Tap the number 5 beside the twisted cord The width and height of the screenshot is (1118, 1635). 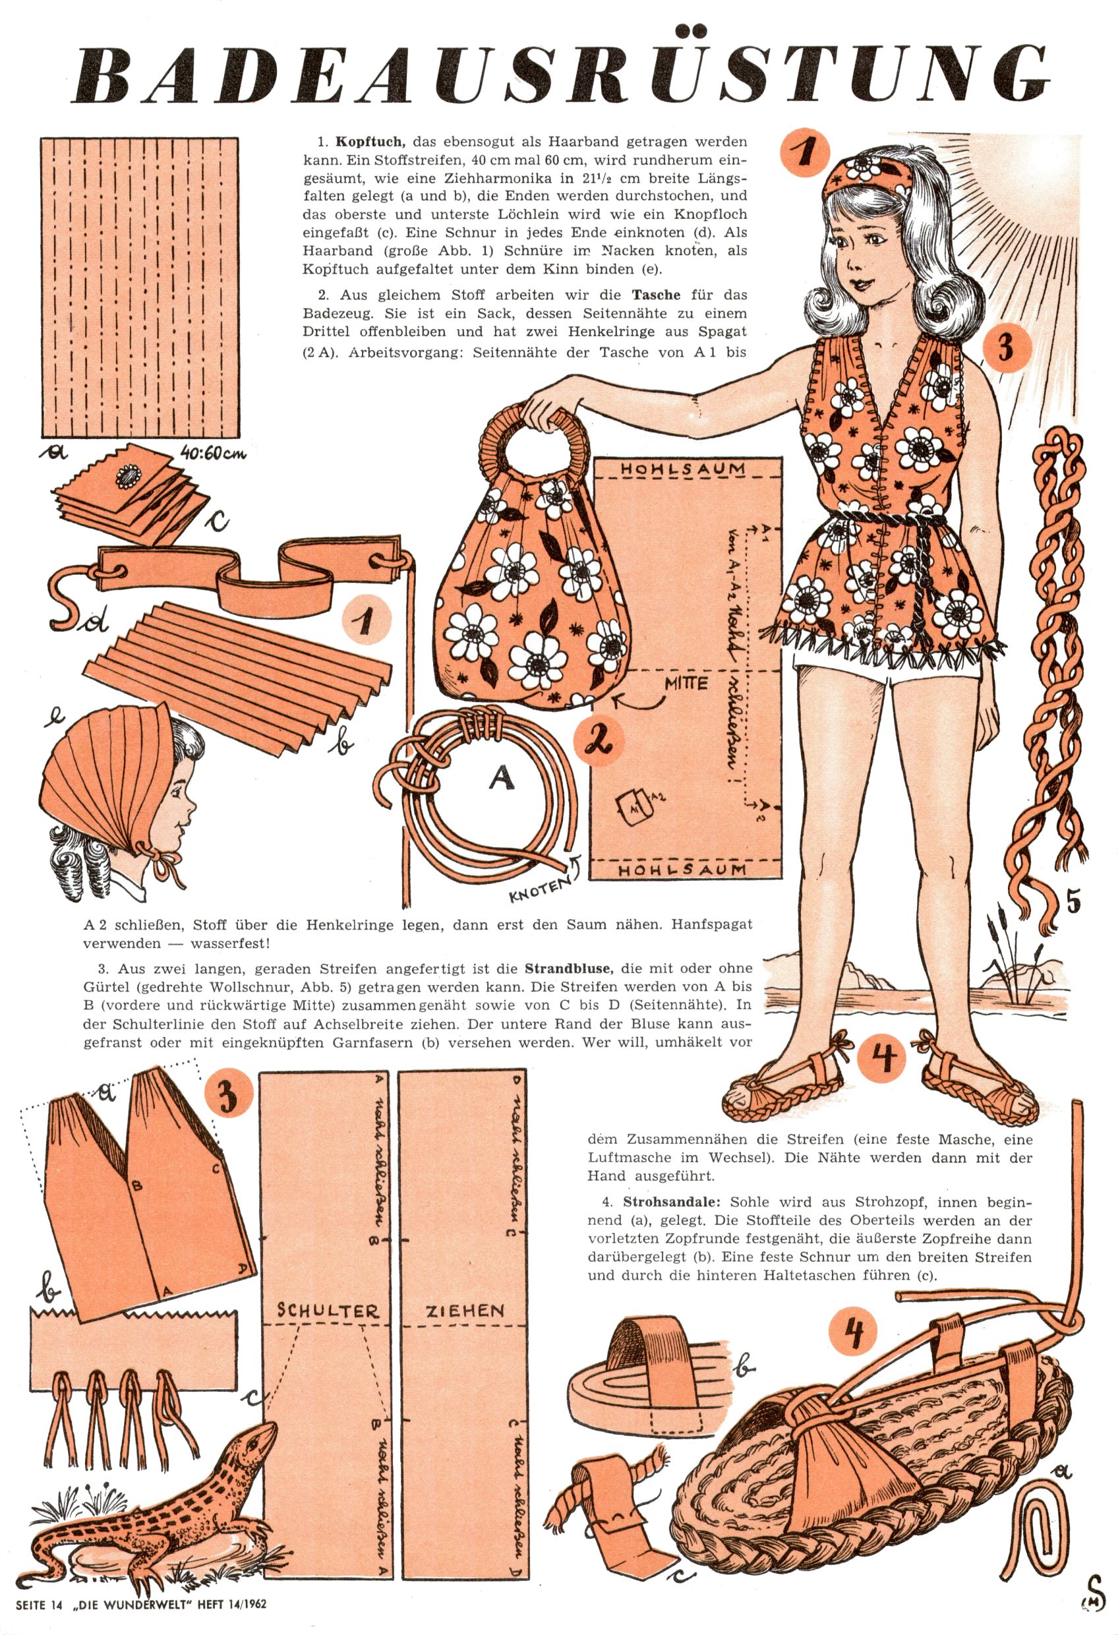[1073, 903]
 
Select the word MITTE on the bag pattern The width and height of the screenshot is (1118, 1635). [687, 682]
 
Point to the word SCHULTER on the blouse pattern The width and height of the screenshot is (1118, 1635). [328, 1310]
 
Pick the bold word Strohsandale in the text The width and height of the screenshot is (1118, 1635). [673, 1202]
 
